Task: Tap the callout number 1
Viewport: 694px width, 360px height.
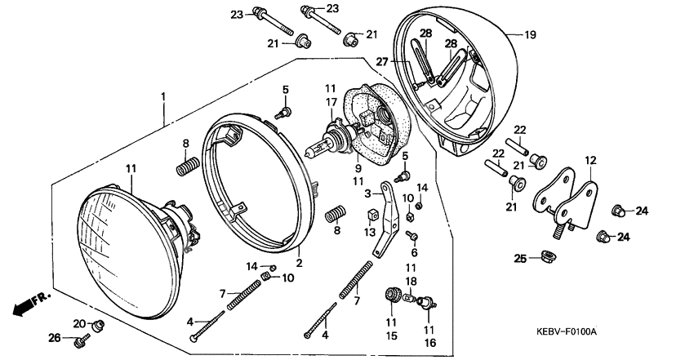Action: tap(163, 97)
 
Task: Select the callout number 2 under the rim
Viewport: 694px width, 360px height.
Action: tap(299, 263)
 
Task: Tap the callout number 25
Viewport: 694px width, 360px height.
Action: tap(519, 259)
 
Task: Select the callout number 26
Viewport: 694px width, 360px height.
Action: tap(54, 338)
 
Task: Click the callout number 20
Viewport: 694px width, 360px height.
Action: tap(78, 323)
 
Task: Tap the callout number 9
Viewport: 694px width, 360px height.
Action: tap(357, 167)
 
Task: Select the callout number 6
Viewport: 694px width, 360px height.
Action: tap(414, 254)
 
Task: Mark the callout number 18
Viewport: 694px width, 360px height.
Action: tap(412, 280)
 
